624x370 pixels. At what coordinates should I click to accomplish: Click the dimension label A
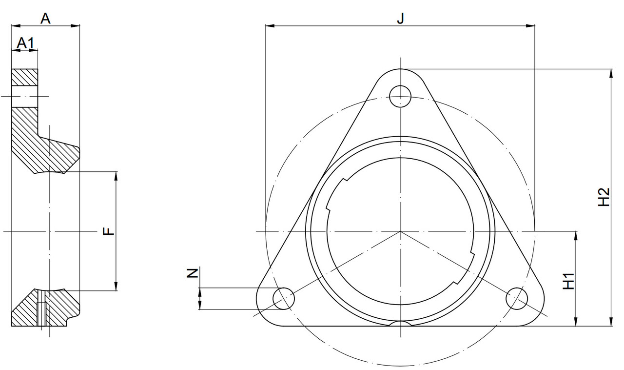(45, 19)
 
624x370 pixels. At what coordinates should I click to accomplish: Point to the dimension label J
(400, 19)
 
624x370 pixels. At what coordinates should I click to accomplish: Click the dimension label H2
(604, 197)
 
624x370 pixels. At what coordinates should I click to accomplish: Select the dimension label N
(193, 273)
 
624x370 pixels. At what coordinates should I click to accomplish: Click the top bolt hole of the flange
(400, 95)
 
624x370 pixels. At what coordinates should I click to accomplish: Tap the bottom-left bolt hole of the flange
(284, 298)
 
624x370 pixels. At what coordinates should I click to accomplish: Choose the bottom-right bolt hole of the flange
(517, 298)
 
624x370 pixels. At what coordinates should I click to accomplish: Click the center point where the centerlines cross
(400, 231)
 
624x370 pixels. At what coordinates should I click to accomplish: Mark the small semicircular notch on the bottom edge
(400, 324)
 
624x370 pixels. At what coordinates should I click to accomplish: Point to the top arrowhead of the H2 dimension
(610, 73)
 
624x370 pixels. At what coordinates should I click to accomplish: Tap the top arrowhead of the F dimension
(116, 175)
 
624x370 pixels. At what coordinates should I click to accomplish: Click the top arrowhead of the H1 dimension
(576, 235)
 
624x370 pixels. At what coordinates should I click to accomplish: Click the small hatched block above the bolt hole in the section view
(25, 77)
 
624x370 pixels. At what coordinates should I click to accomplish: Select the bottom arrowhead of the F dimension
(116, 287)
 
